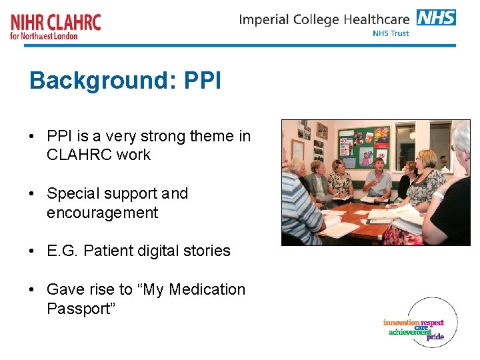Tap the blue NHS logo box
436,17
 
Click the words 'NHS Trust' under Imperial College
391,33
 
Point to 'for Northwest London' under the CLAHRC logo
44,36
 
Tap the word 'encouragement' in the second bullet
102,213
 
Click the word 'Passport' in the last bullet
77,309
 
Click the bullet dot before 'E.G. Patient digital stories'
33,251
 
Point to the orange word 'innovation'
401,323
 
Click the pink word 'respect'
432,323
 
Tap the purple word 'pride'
435,337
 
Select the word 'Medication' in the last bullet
207,289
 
